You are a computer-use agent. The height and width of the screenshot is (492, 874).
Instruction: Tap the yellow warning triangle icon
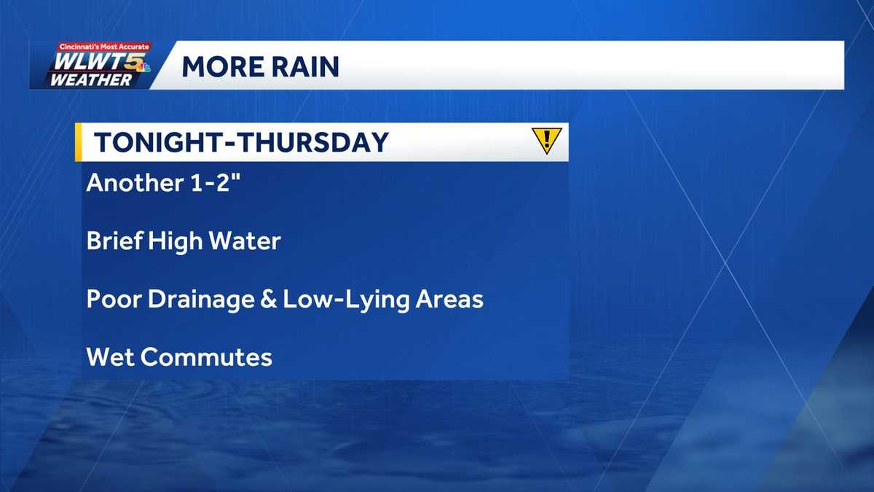pyautogui.click(x=546, y=139)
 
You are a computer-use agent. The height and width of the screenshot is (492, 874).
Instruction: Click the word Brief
pyautogui.click(x=113, y=241)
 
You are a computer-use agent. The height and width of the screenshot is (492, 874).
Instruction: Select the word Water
pyautogui.click(x=242, y=241)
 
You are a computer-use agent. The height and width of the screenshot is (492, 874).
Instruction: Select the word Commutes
pyautogui.click(x=206, y=357)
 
